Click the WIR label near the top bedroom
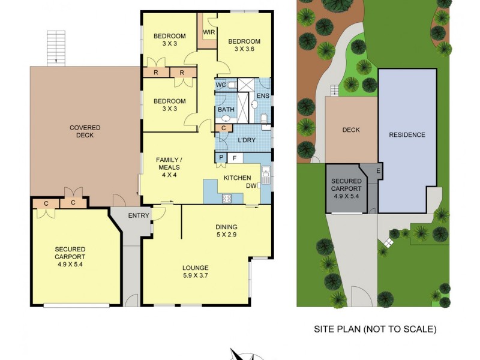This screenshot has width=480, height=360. coord(209,32)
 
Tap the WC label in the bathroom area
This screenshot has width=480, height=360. coord(221,85)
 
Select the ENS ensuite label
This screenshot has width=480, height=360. coord(263,96)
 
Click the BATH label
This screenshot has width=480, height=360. coord(226,109)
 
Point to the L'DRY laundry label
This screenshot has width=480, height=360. coord(247,140)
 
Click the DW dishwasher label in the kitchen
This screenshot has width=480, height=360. coord(251,186)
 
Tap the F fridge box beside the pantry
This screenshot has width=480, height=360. coord(235,158)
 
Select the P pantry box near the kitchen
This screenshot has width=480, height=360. coord(221,158)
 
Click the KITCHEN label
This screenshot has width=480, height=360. coord(237,178)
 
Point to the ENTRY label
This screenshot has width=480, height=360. coord(139,216)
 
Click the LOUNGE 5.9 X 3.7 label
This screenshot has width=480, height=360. coord(196,272)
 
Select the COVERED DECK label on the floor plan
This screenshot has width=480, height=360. coord(85,131)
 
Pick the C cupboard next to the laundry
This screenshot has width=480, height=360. coord(223,128)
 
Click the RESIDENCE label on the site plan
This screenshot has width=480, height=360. coord(407,135)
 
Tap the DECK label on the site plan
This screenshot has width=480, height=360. coord(350,130)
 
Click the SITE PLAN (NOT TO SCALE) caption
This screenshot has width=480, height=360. coord(375,329)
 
